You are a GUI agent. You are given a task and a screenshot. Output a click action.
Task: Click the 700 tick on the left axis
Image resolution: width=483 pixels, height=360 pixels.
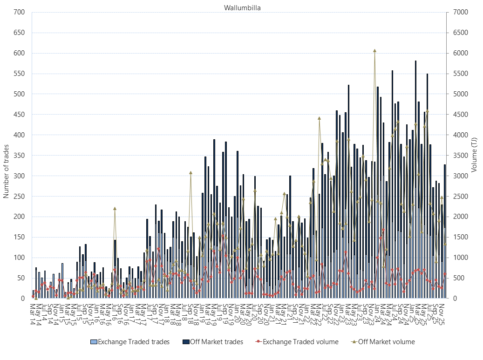click(x=19, y=12)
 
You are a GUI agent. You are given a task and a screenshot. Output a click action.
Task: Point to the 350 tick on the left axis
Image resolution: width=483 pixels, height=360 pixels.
click(x=19, y=156)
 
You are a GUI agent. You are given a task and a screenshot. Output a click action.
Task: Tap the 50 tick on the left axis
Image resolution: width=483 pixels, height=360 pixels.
click(x=20, y=278)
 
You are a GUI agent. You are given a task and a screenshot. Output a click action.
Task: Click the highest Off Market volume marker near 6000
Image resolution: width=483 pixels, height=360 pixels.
click(x=374, y=50)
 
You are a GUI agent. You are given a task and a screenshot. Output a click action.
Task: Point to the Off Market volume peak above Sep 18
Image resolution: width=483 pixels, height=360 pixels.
click(x=190, y=172)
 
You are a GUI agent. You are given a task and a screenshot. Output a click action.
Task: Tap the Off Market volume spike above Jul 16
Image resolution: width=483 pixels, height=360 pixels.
click(x=115, y=208)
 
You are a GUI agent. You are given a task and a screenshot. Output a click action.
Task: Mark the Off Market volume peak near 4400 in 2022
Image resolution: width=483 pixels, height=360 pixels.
click(x=319, y=118)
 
